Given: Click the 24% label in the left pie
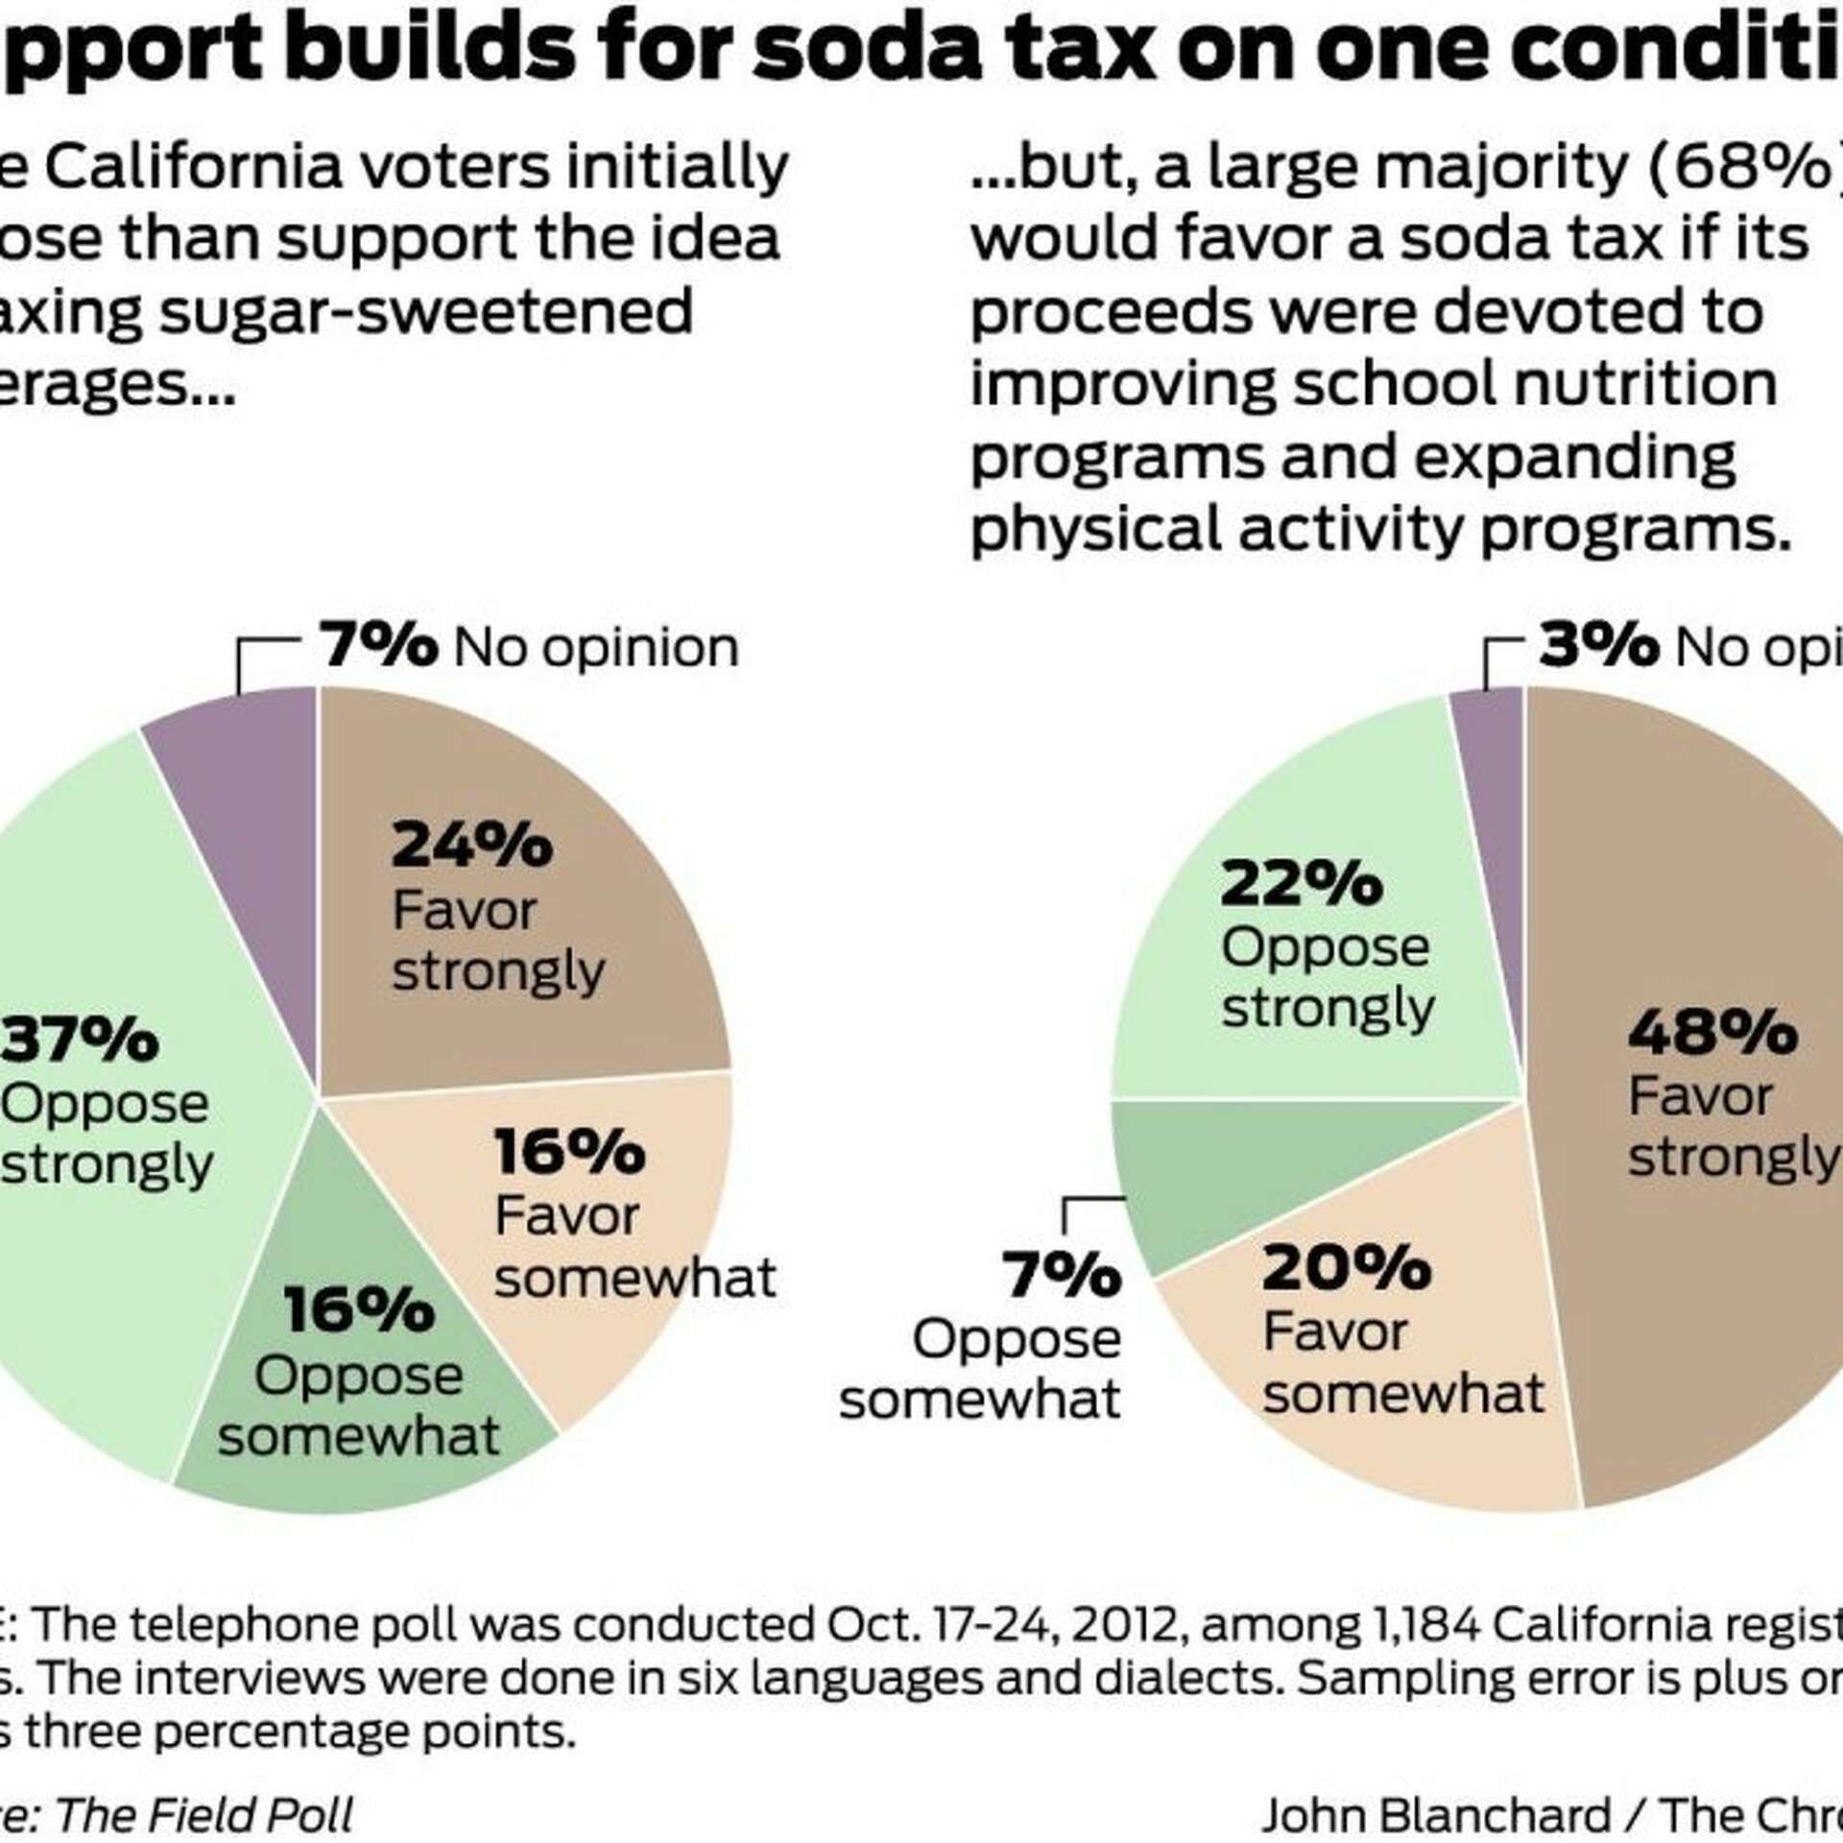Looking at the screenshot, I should (x=471, y=846).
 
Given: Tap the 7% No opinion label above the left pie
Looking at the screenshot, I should (x=378, y=646).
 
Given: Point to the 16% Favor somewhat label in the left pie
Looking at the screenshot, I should (x=569, y=1151).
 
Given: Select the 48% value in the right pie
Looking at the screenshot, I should (x=1712, y=1033).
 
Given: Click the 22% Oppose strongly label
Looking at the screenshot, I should (x=1301, y=884).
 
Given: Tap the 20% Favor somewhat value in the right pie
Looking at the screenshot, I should (x=1347, y=1268).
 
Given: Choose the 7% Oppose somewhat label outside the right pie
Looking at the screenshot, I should (x=1062, y=1276).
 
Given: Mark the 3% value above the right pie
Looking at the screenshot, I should (x=1598, y=646).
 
